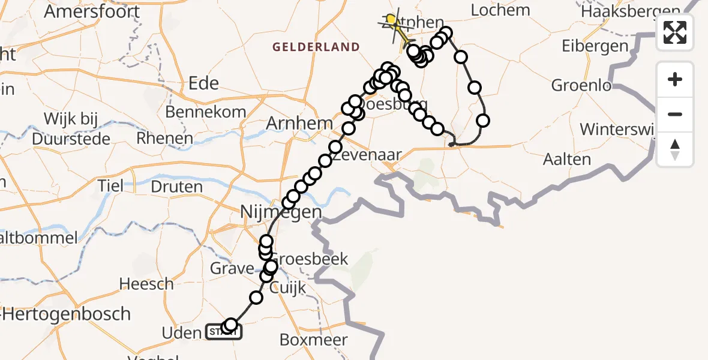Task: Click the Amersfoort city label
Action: pos(92,11)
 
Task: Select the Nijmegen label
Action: pos(281,212)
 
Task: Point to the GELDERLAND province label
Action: pos(316,47)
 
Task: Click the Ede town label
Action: pos(203,83)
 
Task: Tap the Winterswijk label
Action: pos(618,129)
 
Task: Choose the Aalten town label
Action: pos(566,160)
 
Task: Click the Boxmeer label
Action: pos(313,340)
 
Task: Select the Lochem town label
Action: pos(500,10)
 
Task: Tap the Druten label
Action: pos(177,186)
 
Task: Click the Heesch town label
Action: pos(146,284)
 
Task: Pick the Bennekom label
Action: pos(205,112)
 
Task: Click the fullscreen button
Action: pos(675,32)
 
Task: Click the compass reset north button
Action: pos(675,149)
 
